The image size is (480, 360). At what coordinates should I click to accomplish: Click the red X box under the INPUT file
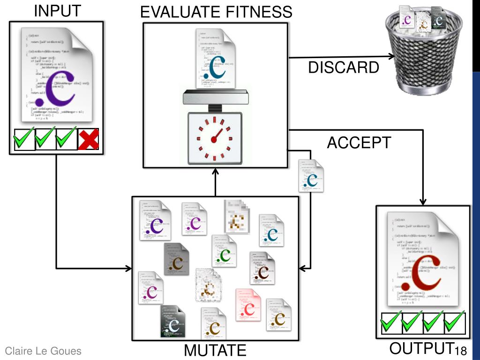[88, 139]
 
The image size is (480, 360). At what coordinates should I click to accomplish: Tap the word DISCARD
[344, 68]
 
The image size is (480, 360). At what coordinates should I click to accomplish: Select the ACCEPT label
[358, 143]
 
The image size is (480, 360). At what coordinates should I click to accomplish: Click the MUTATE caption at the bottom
[215, 351]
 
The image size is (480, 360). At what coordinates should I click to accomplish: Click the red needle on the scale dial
[217, 135]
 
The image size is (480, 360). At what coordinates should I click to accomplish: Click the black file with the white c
[172, 323]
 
